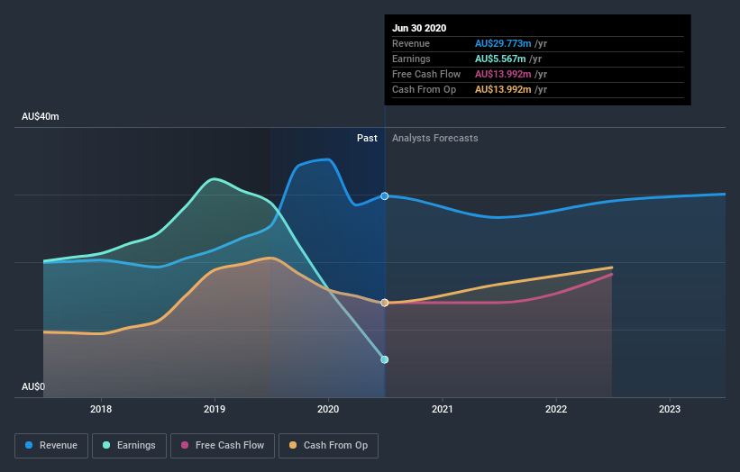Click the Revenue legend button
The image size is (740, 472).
tap(51, 445)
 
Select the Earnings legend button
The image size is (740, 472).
tap(129, 445)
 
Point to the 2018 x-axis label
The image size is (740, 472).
tap(101, 409)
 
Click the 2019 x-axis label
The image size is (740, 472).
tap(215, 409)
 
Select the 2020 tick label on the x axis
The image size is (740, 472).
tap(328, 409)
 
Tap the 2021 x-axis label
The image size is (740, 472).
tap(443, 409)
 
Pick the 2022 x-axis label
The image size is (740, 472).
tap(556, 409)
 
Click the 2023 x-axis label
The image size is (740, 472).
tap(670, 409)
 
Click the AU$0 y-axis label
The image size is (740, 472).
tap(34, 386)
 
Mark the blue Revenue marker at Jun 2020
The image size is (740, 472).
tap(385, 195)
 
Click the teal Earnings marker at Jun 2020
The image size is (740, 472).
tap(385, 359)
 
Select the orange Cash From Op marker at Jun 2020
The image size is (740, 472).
tap(385, 303)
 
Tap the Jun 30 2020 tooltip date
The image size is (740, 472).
tap(419, 28)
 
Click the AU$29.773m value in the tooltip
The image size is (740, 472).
tap(504, 43)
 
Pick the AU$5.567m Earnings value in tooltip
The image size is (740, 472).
tap(501, 59)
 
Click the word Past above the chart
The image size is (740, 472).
tap(367, 138)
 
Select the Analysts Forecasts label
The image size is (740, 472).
tap(435, 138)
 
